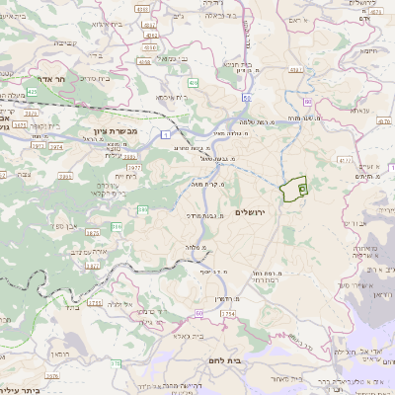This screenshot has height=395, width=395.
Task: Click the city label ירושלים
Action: click(x=254, y=197)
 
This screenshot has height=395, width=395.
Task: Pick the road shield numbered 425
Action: click(x=32, y=91)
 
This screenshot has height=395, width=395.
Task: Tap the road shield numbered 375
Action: click(x=115, y=364)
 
